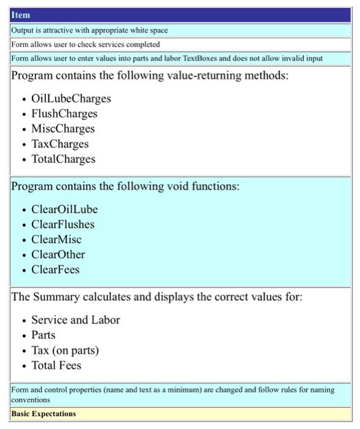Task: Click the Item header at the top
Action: [21, 15]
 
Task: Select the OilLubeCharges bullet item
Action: [71, 99]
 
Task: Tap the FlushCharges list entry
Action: [64, 114]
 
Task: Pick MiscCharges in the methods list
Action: [63, 129]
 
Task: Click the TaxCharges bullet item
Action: [60, 144]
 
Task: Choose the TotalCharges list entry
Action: [64, 159]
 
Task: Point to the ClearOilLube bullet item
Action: [64, 210]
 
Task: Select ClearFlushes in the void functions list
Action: [63, 224]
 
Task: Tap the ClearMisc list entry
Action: [56, 240]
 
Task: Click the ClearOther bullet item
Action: [58, 254]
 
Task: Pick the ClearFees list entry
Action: [56, 270]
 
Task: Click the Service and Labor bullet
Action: [76, 320]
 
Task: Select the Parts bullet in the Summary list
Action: [43, 335]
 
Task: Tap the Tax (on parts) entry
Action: [65, 351]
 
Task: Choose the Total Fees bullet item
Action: [56, 366]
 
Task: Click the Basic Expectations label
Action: [43, 414]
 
